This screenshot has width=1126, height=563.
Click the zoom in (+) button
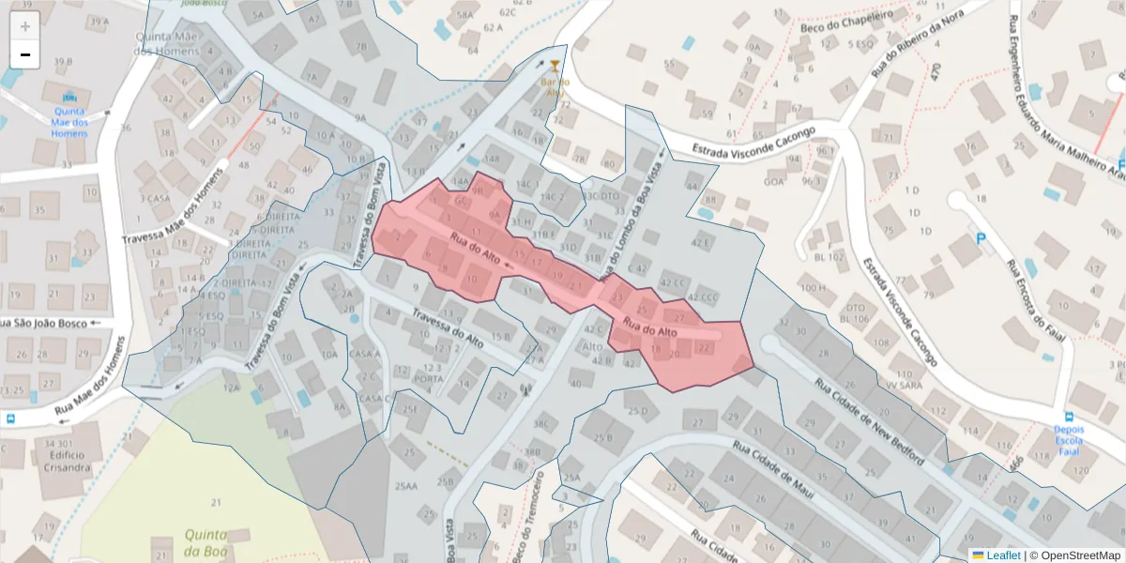25,25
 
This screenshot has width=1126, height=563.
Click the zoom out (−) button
25,54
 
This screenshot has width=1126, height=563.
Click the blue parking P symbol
982,240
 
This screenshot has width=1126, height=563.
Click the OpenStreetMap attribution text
1074,555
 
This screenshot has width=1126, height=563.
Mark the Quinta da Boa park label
205,541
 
